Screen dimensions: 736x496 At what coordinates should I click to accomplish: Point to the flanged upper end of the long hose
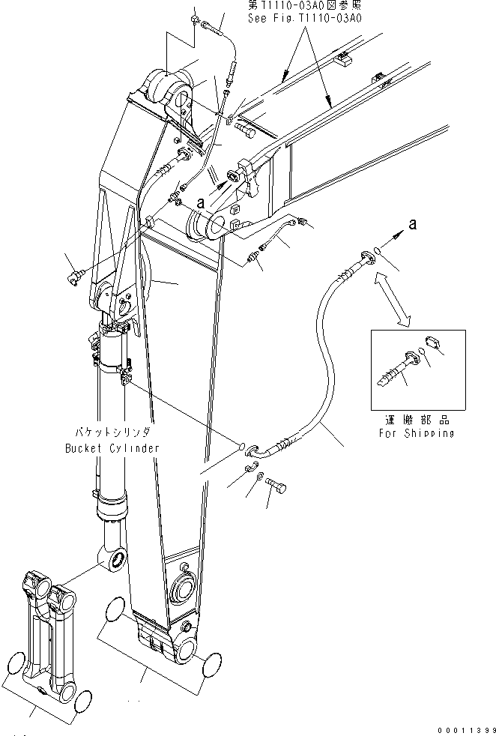(x=366, y=256)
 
